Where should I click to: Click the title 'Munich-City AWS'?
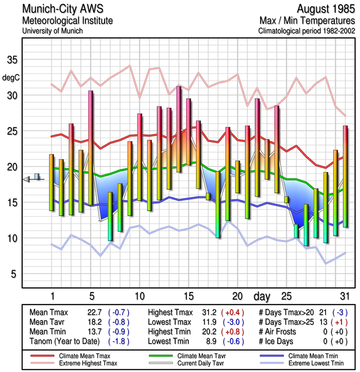click(63, 9)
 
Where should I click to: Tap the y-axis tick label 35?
click(12, 60)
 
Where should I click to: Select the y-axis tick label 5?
click(14, 274)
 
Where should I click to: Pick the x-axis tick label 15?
click(188, 296)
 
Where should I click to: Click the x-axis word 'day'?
click(262, 296)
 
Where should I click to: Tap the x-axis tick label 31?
click(345, 296)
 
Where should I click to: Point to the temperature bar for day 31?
click(345, 176)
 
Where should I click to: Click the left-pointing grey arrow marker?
click(26, 179)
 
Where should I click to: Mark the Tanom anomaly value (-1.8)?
click(118, 341)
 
